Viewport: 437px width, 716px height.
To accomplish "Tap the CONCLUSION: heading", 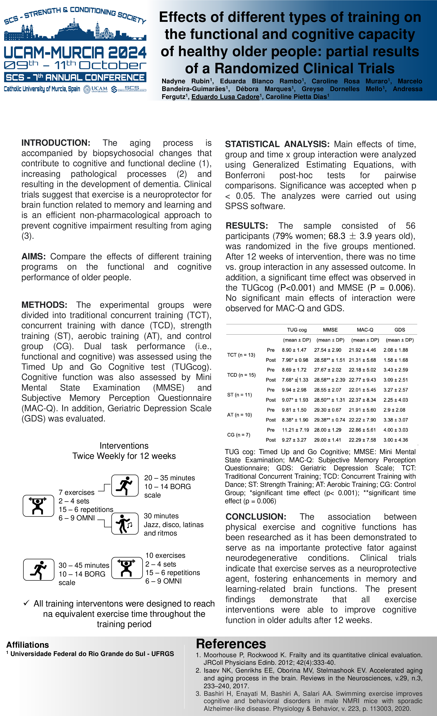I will (x=256, y=517).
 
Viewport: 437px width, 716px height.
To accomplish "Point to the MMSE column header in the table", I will (x=330, y=330).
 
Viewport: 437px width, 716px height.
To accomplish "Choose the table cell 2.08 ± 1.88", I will (x=395, y=350).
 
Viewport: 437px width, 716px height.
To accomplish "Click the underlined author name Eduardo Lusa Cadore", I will (x=225, y=97).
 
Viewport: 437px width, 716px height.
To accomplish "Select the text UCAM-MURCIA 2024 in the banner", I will (x=75, y=53).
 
